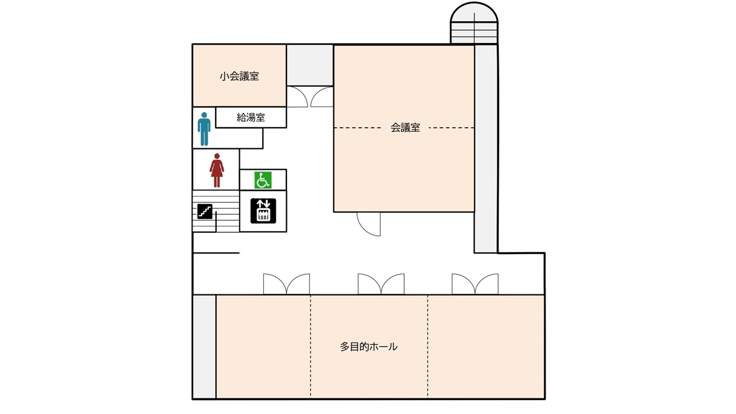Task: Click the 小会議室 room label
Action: point(239,76)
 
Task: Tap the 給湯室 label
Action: point(251,118)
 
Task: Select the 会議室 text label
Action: point(405,128)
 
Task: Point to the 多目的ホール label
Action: point(369,347)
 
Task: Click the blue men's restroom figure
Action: point(204,129)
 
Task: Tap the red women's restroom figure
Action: point(217,170)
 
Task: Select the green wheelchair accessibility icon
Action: point(263,180)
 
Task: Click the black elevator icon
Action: point(263,211)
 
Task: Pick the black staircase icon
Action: point(205,211)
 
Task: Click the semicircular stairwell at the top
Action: point(474,23)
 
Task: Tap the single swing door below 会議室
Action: point(369,224)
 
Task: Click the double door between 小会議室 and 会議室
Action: point(310,97)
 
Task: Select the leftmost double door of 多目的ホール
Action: point(286,284)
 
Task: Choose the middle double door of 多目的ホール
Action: point(381,284)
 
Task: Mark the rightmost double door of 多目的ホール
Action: point(475,284)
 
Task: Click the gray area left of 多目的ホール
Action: point(204,347)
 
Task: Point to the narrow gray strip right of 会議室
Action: point(486,148)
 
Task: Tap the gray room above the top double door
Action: point(310,65)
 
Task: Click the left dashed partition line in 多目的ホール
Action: point(310,347)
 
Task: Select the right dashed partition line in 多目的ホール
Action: point(428,347)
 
